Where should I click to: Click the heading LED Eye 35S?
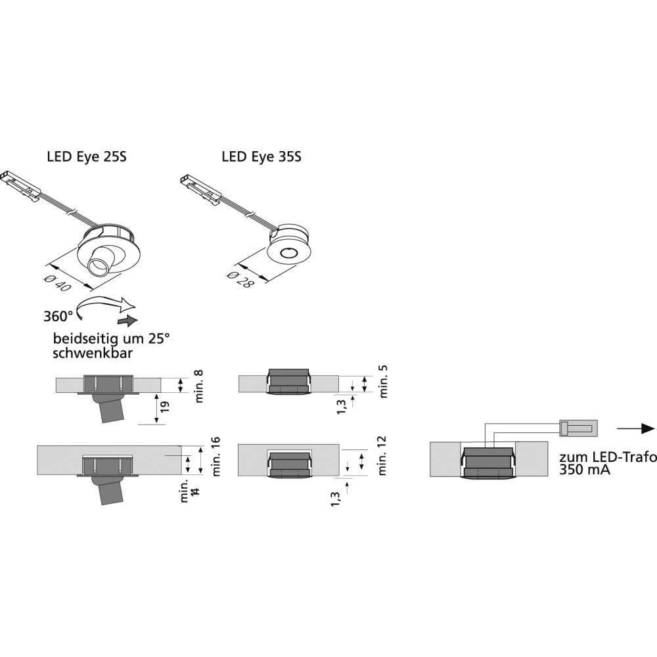261,157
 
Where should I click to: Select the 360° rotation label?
58,316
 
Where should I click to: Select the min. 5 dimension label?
384,380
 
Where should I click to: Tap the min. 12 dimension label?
384,455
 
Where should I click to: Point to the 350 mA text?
581,470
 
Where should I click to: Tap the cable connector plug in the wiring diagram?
578,429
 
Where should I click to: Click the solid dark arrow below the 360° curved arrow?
128,320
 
